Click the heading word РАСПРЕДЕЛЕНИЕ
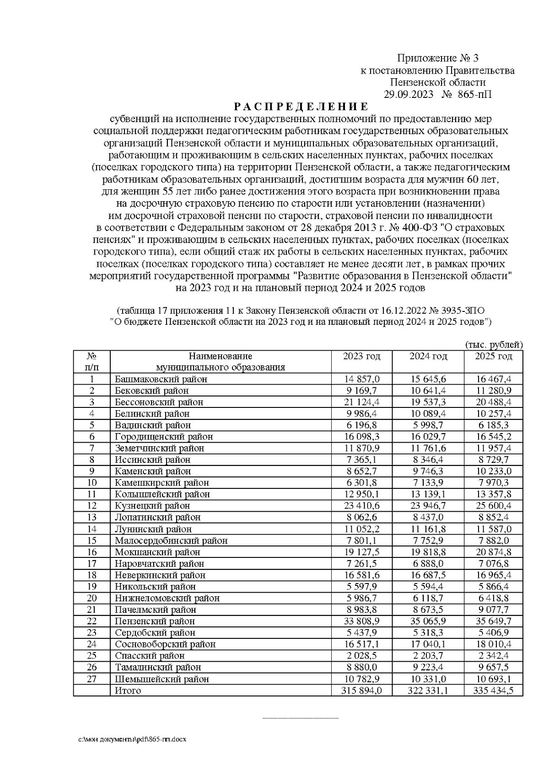click(x=301, y=107)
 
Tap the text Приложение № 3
click(x=437, y=58)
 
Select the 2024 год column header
click(x=428, y=356)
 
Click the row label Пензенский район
click(x=155, y=621)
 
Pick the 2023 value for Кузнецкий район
click(x=361, y=506)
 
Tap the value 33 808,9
click(x=361, y=621)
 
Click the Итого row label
click(x=128, y=690)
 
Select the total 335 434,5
click(x=493, y=690)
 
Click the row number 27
click(x=92, y=679)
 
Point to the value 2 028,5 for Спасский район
click(x=361, y=656)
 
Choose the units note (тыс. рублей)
click(x=493, y=345)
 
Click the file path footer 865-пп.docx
click(x=133, y=739)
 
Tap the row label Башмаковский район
click(x=161, y=379)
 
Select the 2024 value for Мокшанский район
click(x=428, y=552)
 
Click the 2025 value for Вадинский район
click(x=493, y=425)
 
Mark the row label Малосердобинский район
click(x=171, y=541)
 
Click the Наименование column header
click(x=220, y=356)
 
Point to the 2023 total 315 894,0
click(x=361, y=690)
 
